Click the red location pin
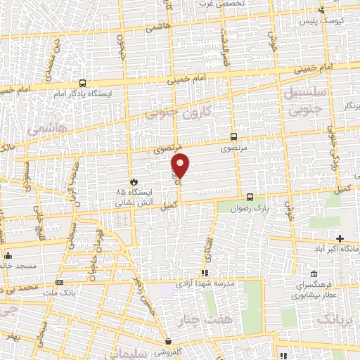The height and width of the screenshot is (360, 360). coord(181,166)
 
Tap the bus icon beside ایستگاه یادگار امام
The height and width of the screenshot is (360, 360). coord(83,83)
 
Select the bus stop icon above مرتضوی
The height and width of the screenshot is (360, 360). coord(233,137)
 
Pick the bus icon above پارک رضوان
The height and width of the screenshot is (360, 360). coord(250,197)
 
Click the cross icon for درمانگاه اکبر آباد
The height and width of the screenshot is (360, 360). coord(341,239)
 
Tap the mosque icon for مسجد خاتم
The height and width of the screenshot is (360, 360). coord(8,255)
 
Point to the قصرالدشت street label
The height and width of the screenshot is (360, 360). coord(226,49)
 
